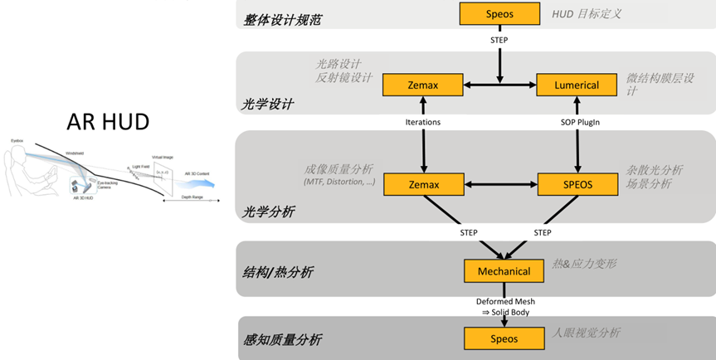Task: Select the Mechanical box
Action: (504, 271)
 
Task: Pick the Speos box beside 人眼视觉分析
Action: (504, 338)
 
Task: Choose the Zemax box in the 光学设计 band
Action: (422, 85)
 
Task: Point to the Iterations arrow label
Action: (423, 122)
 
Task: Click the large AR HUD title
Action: (108, 122)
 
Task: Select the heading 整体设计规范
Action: (282, 17)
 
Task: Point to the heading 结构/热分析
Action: (278, 272)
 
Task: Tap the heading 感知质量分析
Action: (283, 340)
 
